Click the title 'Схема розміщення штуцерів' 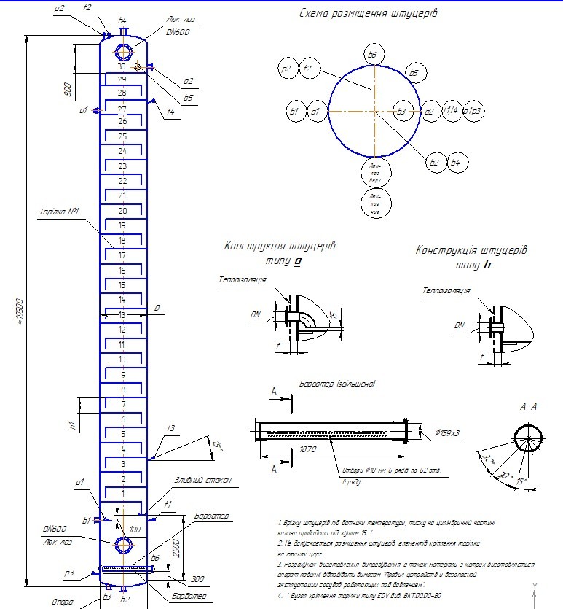point(369,13)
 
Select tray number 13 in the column point(122,315)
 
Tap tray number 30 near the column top point(122,67)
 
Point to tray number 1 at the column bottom point(122,494)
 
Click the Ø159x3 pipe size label point(447,433)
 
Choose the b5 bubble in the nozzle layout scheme point(414,73)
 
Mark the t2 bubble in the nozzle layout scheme point(308,69)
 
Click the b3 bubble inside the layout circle point(400,112)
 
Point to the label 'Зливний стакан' point(203,481)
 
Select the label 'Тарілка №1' point(59,212)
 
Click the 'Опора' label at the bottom point(64,602)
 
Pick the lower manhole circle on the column point(123,545)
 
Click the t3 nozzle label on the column point(170,427)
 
